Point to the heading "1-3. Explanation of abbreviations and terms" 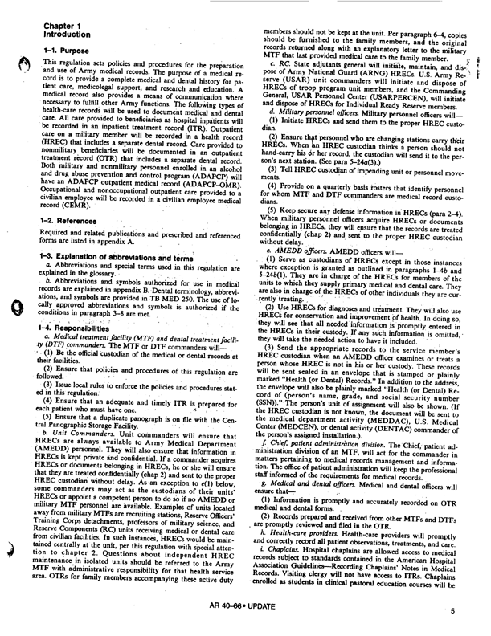(109, 231)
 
